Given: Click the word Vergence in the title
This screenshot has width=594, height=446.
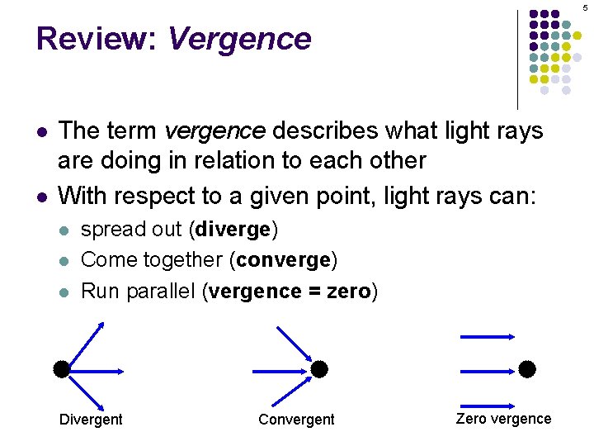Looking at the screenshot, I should click(239, 39).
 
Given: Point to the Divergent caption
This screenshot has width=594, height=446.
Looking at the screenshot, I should click(91, 420).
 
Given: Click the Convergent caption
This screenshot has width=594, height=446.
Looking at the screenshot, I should click(296, 420).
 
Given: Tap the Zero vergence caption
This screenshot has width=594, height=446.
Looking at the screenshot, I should click(503, 418).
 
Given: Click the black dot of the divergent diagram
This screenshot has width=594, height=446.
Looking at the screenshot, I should click(61, 368).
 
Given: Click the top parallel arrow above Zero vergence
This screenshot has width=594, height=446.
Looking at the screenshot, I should click(488, 337).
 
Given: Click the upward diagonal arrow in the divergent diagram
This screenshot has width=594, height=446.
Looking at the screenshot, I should click(84, 343).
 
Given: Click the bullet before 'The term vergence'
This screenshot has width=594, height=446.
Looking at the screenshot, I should click(41, 132).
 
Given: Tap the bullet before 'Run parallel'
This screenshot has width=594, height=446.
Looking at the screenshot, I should click(64, 292).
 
